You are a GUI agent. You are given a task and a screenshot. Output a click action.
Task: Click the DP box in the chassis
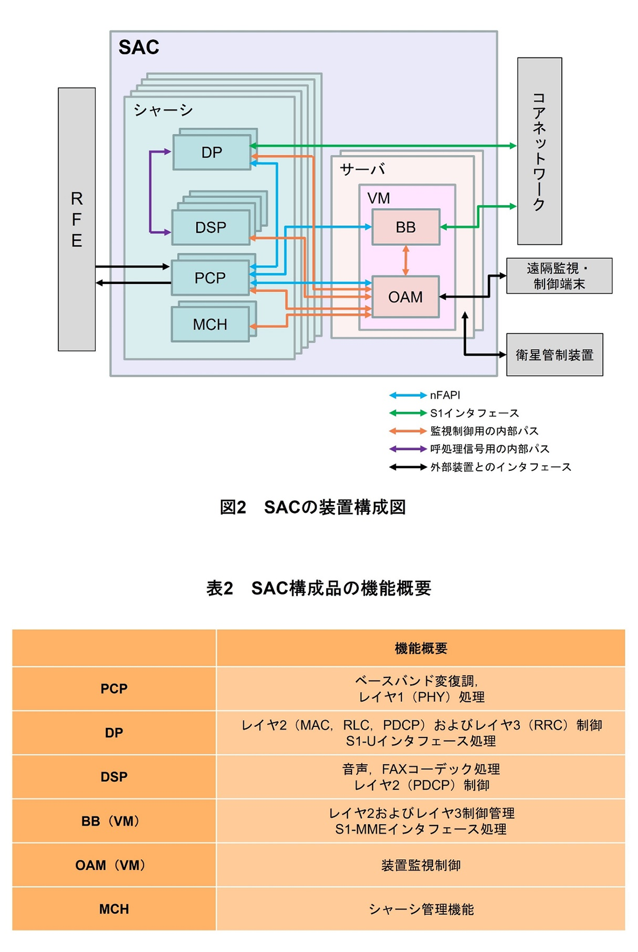pos(211,152)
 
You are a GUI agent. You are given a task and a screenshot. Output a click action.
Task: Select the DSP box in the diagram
pos(211,227)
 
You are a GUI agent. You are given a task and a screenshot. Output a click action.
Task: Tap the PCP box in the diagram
pos(210,278)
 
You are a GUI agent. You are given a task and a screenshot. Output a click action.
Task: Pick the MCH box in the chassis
pos(210,325)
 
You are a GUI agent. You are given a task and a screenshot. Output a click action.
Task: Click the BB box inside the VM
pos(406,227)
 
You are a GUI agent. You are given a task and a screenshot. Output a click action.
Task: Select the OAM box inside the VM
pos(405,297)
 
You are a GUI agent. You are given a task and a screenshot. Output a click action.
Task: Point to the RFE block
pos(76,219)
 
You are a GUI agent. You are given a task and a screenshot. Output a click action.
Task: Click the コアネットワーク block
pos(539,151)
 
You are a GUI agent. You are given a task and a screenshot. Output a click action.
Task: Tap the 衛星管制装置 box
pos(554,355)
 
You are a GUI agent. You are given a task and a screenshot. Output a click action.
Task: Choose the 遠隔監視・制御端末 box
pos(559,276)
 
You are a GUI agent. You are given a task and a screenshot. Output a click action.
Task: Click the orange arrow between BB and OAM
pos(406,260)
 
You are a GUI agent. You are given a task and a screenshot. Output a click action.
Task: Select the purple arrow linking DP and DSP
pos(151,192)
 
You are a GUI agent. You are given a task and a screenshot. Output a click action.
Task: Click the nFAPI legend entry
pos(425,395)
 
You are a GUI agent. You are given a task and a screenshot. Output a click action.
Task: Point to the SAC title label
pos(138,47)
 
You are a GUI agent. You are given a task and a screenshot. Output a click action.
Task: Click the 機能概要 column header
pos(420,648)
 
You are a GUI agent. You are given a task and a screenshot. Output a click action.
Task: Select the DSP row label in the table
pos(114,777)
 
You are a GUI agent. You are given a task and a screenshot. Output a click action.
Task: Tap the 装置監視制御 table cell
pos(420,865)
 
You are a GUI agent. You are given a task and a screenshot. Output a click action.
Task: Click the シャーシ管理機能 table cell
pos(420,909)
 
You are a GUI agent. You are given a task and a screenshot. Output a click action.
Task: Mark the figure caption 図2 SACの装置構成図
pos(313,507)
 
